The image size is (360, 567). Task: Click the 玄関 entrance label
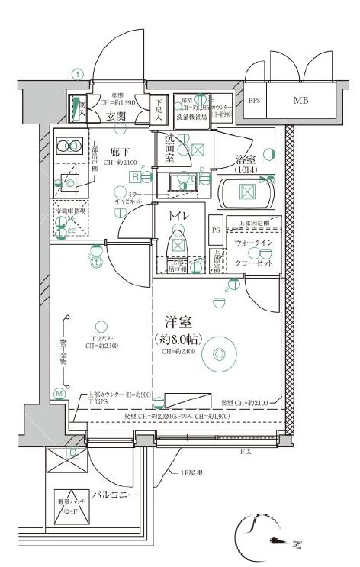[116, 116]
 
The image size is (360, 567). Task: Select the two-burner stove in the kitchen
[72, 144]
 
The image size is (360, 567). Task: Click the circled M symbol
[58, 394]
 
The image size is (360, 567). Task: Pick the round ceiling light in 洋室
[219, 353]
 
